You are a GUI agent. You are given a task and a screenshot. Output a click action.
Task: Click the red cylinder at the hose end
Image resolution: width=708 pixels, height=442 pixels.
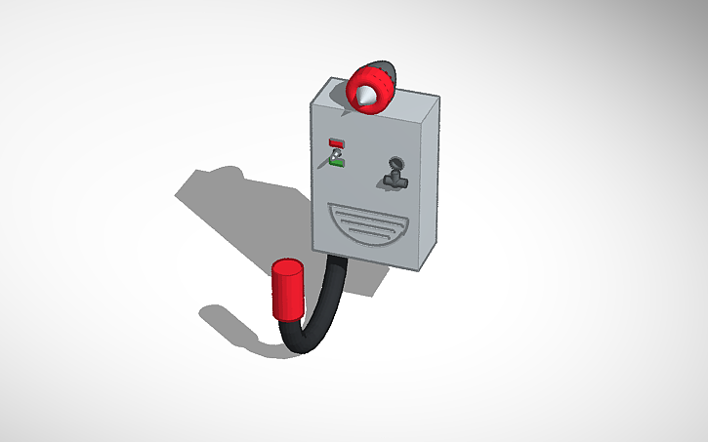point(287,292)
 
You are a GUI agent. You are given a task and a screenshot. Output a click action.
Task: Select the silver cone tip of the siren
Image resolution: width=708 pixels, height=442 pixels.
point(363,96)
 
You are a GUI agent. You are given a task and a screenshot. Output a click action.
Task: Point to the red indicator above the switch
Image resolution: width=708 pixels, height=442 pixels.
point(336,142)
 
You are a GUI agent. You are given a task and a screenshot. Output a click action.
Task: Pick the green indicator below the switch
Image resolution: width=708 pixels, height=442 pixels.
point(337,162)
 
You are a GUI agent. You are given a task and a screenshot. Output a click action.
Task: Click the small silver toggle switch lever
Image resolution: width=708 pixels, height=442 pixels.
point(336,152)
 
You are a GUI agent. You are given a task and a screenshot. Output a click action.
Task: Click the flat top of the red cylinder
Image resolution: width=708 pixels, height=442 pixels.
point(286,266)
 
